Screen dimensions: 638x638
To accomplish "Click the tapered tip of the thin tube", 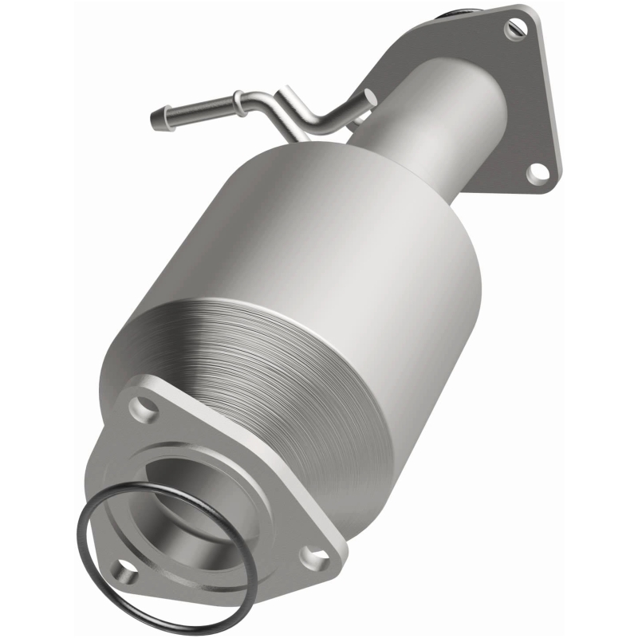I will click(x=156, y=120).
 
